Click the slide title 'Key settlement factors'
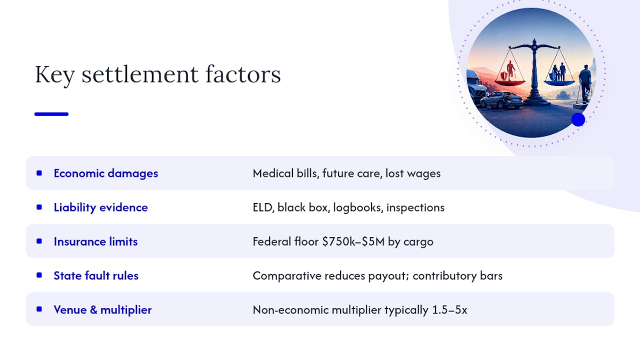point(157,74)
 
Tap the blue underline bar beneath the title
point(51,114)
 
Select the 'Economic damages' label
point(105,173)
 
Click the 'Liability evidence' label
point(101,207)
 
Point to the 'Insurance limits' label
point(95,241)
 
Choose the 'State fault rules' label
point(96,275)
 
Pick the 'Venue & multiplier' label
point(102,309)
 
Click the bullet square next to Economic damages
point(39,173)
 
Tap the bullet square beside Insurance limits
point(39,241)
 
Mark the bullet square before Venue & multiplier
point(39,309)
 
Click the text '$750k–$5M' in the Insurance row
point(353,241)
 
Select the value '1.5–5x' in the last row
point(449,310)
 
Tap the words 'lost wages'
point(413,173)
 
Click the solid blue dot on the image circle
point(578,119)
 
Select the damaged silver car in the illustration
point(501,99)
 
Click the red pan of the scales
point(510,82)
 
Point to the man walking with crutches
point(584,84)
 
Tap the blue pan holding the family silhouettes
point(559,83)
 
